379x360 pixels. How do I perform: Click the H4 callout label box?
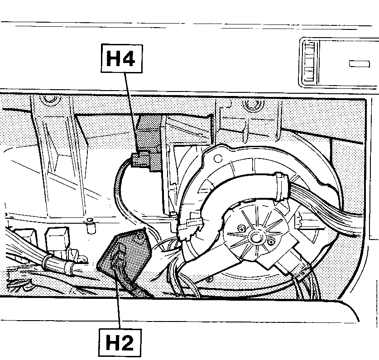[x=122, y=58]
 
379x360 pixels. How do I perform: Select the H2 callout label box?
[x=120, y=342]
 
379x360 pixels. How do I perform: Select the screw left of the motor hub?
[x=240, y=228]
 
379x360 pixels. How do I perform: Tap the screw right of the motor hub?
[x=271, y=241]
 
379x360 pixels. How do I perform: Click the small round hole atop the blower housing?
[x=218, y=158]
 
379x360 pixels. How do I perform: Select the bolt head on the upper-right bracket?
[x=252, y=105]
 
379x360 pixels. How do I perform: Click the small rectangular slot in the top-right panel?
[x=360, y=64]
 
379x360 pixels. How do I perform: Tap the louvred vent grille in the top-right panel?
[x=310, y=62]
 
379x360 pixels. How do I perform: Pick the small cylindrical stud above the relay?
[x=91, y=226]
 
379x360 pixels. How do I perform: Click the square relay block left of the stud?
[x=58, y=240]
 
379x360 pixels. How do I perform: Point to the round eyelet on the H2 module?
[x=140, y=237]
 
